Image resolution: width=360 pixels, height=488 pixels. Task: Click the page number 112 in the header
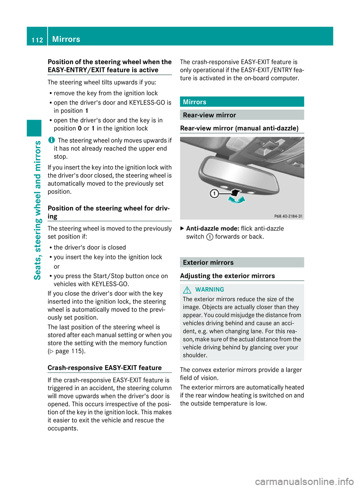(37, 40)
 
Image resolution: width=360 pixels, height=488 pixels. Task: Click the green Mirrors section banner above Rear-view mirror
(242, 102)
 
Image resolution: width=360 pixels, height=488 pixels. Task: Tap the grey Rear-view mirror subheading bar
(242, 115)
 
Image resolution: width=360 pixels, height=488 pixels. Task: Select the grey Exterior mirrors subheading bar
(242, 262)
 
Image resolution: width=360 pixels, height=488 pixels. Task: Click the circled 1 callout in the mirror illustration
(214, 193)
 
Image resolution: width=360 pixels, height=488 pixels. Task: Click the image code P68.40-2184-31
(288, 216)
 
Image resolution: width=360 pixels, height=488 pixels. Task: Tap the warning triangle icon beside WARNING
(187, 290)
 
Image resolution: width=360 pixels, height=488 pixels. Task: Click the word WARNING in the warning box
(210, 290)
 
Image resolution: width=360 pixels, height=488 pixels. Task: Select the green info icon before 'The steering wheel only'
(51, 140)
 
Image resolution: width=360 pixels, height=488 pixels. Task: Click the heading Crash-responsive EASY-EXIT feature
(105, 368)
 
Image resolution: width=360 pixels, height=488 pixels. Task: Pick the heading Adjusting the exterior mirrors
(227, 276)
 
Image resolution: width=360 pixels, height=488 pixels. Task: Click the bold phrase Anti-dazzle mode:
(213, 229)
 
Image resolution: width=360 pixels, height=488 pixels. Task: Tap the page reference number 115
(77, 351)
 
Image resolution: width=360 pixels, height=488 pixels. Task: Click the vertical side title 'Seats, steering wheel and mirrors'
(37, 210)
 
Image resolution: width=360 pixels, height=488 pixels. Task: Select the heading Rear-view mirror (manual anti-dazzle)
(239, 128)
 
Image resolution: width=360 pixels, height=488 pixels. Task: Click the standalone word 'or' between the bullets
(57, 266)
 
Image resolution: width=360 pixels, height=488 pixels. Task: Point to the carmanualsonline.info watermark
(304, 481)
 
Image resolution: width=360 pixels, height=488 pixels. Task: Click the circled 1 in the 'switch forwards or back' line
(210, 237)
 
